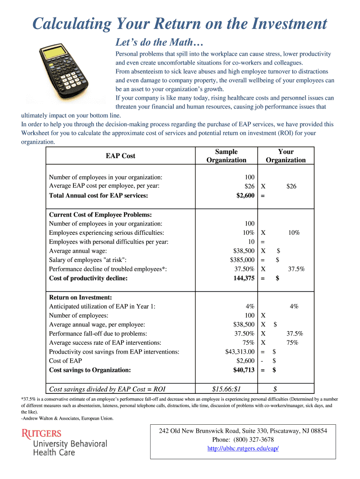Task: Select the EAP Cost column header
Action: pyautogui.click(x=120, y=156)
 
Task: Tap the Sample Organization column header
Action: pyautogui.click(x=226, y=156)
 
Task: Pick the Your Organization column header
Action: pyautogui.click(x=286, y=156)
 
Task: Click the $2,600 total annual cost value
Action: pyautogui.click(x=245, y=196)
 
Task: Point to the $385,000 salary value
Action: pyautogui.click(x=242, y=260)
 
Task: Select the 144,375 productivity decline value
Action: pyautogui.click(x=244, y=278)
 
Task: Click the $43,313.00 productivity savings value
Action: pyautogui.click(x=240, y=352)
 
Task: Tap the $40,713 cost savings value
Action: pyautogui.click(x=244, y=370)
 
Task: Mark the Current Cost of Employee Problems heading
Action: pyautogui.click(x=100, y=214)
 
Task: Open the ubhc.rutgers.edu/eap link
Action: pyautogui.click(x=243, y=449)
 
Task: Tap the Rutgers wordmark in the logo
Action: pyautogui.click(x=42, y=434)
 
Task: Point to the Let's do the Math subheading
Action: pyautogui.click(x=159, y=43)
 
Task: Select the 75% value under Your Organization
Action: pyautogui.click(x=293, y=342)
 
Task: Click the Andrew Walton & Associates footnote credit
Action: pyautogui.click(x=67, y=418)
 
